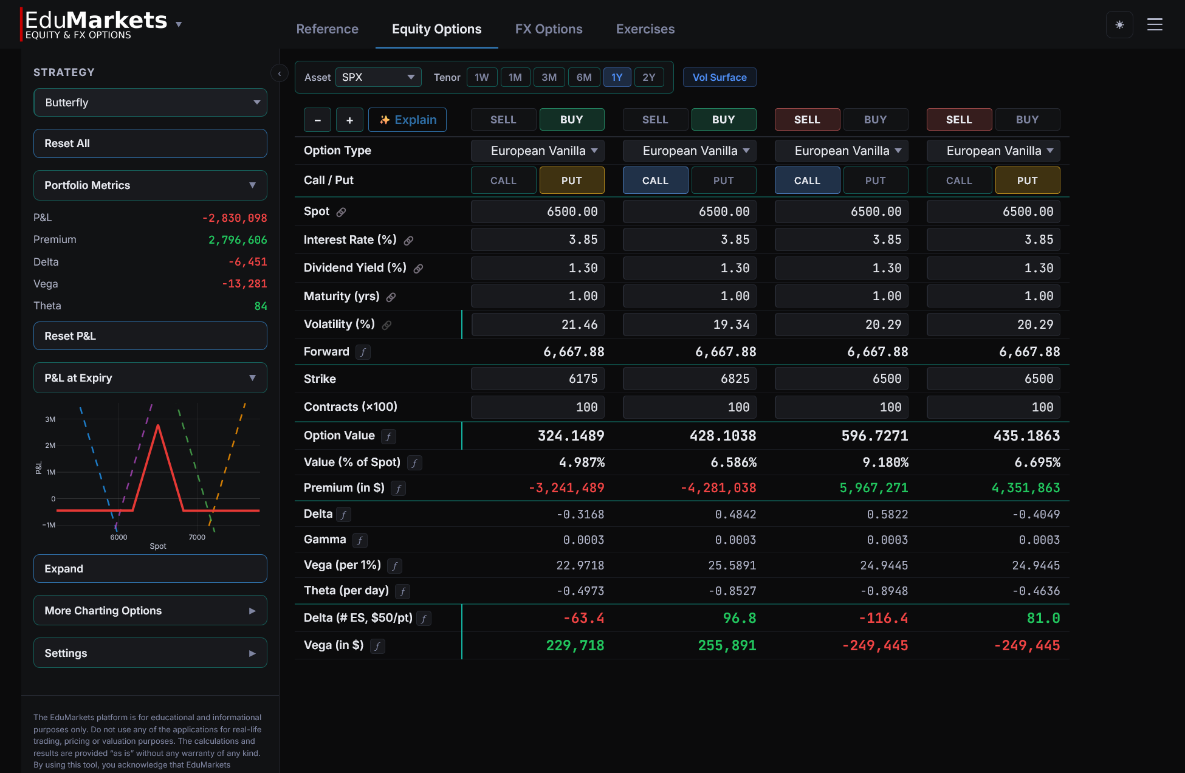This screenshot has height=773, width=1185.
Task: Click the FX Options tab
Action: tap(548, 29)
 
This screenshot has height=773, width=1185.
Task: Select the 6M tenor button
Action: tap(583, 77)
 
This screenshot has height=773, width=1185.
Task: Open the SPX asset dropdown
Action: tap(378, 77)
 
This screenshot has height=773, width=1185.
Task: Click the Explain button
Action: tap(407, 120)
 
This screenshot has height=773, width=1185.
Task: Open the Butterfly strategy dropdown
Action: tap(150, 103)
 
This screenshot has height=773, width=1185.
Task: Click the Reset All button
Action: tap(150, 143)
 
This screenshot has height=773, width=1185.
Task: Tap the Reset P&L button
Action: tap(150, 336)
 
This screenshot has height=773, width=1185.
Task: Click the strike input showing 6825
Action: tap(690, 379)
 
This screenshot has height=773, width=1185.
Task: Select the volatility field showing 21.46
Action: tap(538, 325)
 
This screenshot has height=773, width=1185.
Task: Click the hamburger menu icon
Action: tap(1155, 25)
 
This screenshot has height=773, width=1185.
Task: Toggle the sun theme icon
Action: tap(1119, 25)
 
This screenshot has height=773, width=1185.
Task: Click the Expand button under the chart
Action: tap(150, 569)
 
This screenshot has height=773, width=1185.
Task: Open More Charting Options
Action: tap(150, 611)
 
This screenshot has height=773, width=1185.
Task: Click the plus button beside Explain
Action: tap(349, 120)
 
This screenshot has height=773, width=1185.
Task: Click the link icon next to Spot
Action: tap(342, 212)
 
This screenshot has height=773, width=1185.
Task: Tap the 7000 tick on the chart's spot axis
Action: tap(197, 537)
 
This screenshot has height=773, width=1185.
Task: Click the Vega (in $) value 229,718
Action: tap(574, 645)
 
